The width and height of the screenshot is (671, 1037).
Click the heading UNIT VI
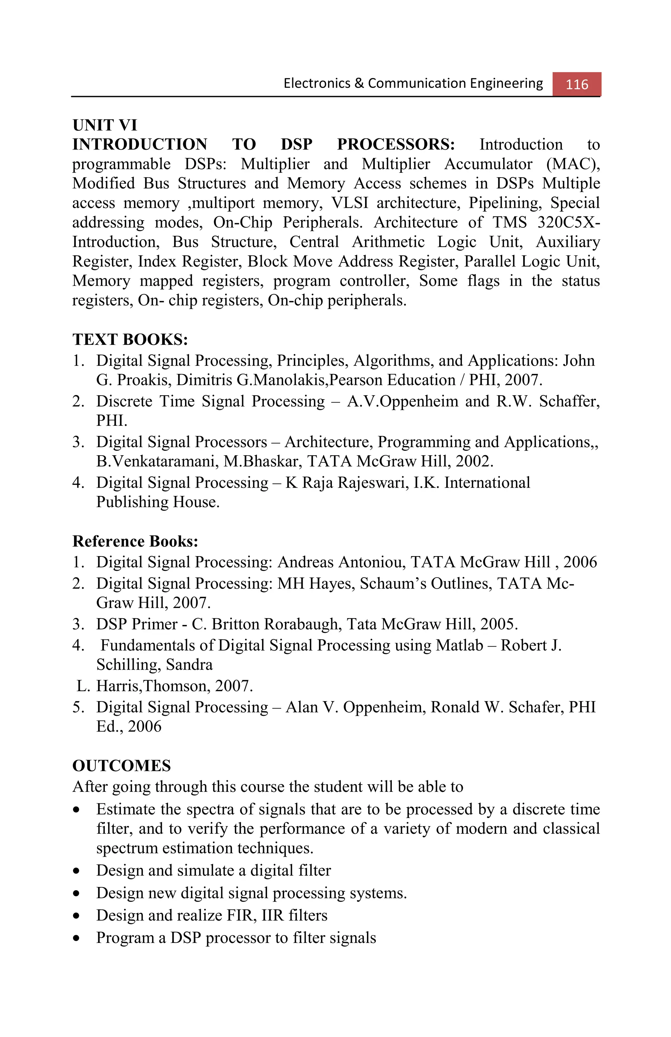click(x=105, y=125)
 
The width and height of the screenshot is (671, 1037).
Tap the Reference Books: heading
click(x=135, y=541)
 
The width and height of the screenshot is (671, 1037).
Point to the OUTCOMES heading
click(x=122, y=766)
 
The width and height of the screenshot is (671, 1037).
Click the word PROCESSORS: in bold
click(x=395, y=144)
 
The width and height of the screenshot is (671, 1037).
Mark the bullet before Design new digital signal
click(x=77, y=893)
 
